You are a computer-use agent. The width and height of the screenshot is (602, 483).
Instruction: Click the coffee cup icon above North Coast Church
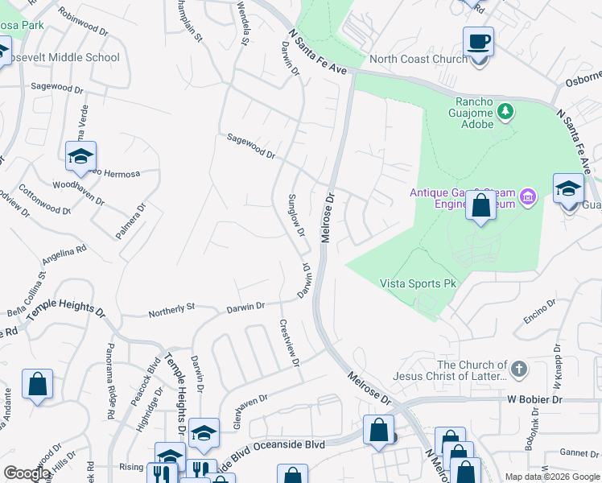tap(478, 41)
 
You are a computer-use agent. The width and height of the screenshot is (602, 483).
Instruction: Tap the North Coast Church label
tap(418, 59)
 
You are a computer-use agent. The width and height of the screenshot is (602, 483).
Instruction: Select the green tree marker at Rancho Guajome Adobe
tap(505, 111)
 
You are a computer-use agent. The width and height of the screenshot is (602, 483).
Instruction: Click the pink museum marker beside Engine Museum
tap(528, 196)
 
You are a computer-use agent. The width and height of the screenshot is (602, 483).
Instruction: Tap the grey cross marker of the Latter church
tap(519, 369)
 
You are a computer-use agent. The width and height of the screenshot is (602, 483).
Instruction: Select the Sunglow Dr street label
tap(297, 215)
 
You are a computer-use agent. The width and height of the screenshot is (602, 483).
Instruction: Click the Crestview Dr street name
tap(288, 345)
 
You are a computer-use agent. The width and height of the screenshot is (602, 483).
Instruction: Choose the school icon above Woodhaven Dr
tap(81, 157)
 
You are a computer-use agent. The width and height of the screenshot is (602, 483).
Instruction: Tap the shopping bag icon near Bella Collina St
tap(38, 384)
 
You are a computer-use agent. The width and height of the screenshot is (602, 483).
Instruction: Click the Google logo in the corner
tap(27, 473)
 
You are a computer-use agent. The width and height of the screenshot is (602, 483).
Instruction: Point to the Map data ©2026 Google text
tap(552, 477)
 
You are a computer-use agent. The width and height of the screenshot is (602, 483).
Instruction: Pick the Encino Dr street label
tap(539, 312)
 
